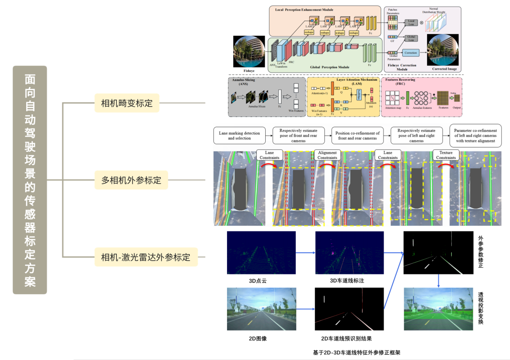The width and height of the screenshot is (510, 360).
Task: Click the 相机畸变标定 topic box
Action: (126, 103)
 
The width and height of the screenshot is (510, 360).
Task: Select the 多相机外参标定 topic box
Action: (131, 180)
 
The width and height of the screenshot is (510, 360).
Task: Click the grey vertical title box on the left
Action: (30, 180)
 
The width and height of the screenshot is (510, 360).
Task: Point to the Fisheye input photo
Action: (249, 52)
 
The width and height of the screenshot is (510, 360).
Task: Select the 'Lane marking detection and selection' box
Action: (239, 136)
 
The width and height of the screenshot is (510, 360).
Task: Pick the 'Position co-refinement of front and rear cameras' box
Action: (357, 136)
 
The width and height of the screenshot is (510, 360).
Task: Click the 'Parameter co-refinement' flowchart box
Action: (475, 136)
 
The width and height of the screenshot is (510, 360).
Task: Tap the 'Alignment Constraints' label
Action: (327, 155)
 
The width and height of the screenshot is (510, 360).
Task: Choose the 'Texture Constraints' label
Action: (446, 155)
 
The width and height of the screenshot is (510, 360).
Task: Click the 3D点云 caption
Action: (258, 281)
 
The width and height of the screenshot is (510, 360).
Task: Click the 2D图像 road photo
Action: (261, 308)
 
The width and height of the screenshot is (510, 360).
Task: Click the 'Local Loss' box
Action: (410, 22)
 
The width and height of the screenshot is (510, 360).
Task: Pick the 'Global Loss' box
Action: (410, 38)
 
